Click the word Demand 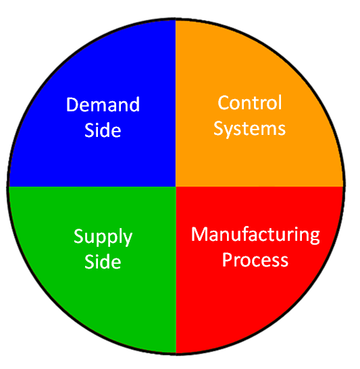pos(103,105)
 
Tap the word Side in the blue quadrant pos(103,130)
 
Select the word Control pos(250,103)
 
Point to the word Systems pos(249,128)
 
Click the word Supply pos(103,237)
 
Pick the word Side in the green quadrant pos(103,262)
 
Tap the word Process pos(255,260)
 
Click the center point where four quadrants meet pos(176,187)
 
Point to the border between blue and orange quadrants pos(176,103)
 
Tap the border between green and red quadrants pos(176,270)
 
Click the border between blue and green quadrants pos(92,187)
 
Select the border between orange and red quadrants pos(260,187)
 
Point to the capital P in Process pos(227,260)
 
